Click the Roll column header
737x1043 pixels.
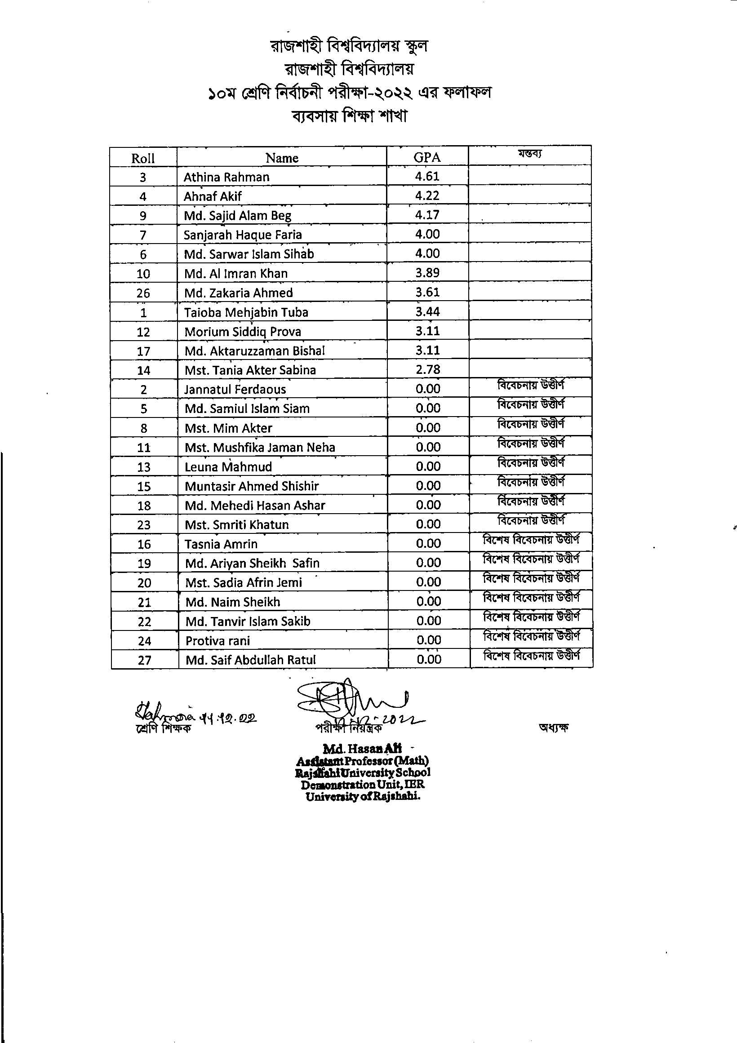(x=142, y=158)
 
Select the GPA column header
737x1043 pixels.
(x=426, y=157)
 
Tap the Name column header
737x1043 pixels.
(x=282, y=158)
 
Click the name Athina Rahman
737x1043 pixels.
(x=226, y=177)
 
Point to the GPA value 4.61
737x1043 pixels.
(x=426, y=176)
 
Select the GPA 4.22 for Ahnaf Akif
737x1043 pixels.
(x=426, y=195)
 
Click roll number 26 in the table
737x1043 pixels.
(x=143, y=293)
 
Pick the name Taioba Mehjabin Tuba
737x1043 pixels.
(x=246, y=312)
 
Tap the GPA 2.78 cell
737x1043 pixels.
(x=427, y=369)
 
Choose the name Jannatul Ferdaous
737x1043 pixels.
(x=235, y=389)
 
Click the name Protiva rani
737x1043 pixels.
(x=217, y=640)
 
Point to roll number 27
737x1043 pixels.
(x=144, y=660)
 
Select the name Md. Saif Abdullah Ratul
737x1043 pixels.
(x=250, y=660)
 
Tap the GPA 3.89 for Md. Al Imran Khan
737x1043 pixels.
(x=427, y=273)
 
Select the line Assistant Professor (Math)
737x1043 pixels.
(x=363, y=760)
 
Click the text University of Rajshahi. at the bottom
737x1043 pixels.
(x=363, y=796)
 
